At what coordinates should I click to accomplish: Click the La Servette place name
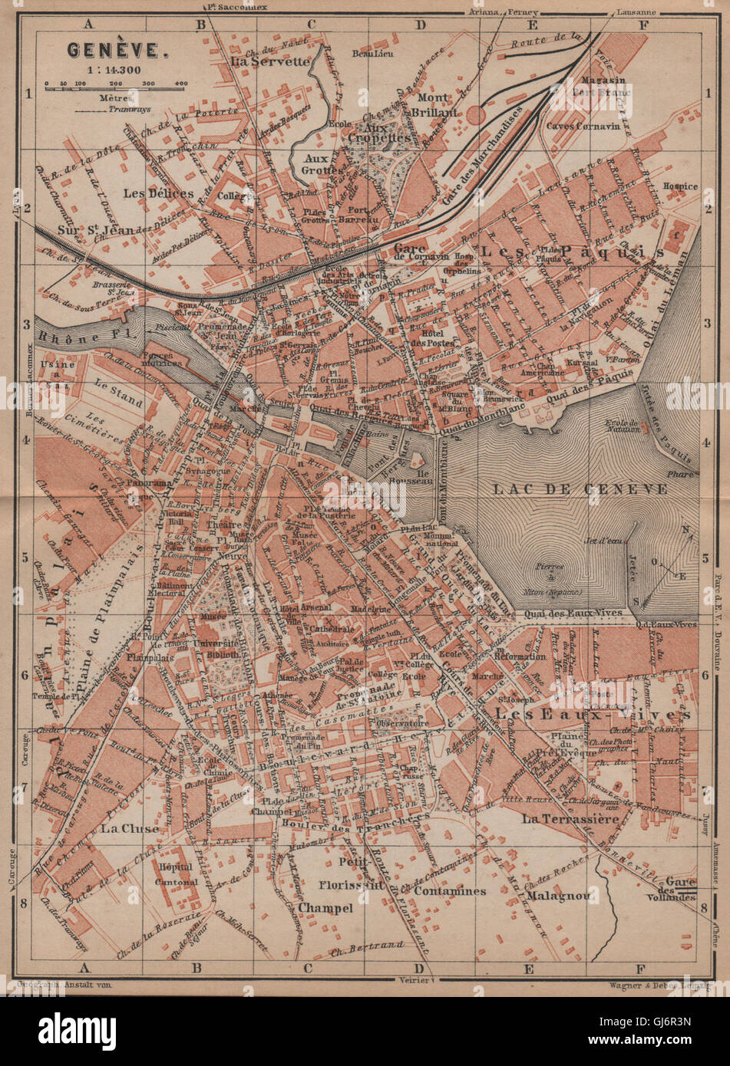[x=270, y=61]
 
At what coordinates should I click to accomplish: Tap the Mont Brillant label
[x=437, y=105]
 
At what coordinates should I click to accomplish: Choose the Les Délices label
[x=161, y=193]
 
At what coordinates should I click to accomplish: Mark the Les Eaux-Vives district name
[x=592, y=714]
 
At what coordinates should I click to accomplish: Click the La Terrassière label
[x=570, y=819]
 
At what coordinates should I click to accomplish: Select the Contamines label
[x=450, y=891]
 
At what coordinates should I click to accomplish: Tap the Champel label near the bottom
[x=326, y=907]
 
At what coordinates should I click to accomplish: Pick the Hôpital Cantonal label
[x=176, y=874]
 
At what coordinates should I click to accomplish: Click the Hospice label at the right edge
[x=681, y=186]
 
